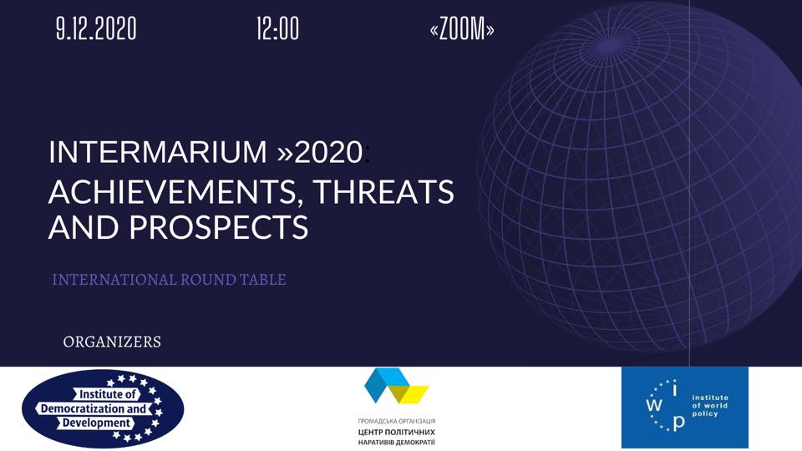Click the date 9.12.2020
coord(96,28)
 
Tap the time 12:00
coord(277,28)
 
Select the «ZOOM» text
coord(462,28)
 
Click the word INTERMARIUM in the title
coord(158,152)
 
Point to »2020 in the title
coord(320,152)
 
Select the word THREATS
coord(383,191)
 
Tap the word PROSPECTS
coord(219,227)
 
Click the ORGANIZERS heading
coord(112,342)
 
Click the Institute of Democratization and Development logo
coord(103,408)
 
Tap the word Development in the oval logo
coord(96,423)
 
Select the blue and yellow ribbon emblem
coord(396,386)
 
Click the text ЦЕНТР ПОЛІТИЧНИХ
coord(397,432)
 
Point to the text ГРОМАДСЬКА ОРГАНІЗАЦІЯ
coord(397,421)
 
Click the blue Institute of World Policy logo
coord(685,408)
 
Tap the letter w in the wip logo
coord(653,406)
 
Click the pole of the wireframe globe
coord(610,45)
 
